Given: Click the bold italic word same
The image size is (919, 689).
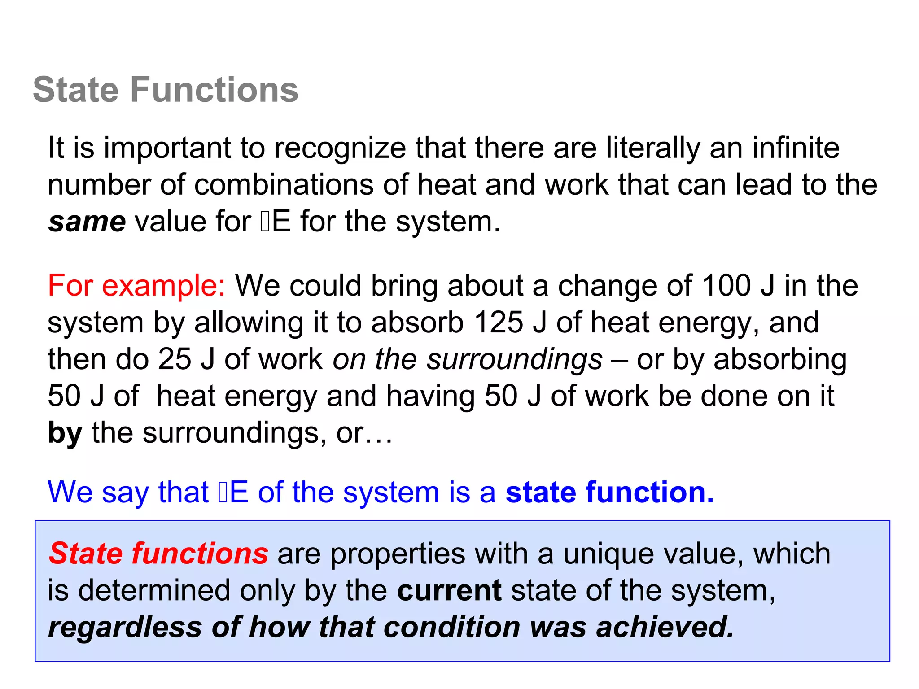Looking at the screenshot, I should pos(87,222).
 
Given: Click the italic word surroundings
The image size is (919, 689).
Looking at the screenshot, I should pos(514,359).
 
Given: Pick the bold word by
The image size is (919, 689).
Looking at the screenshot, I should pos(65,433).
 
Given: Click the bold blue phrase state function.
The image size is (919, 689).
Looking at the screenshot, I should pos(609,492).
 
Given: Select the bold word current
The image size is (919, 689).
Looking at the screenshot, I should pos(449,590).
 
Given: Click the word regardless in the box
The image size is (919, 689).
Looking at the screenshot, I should pos(125,627).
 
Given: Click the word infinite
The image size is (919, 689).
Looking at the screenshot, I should pos(796,148).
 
